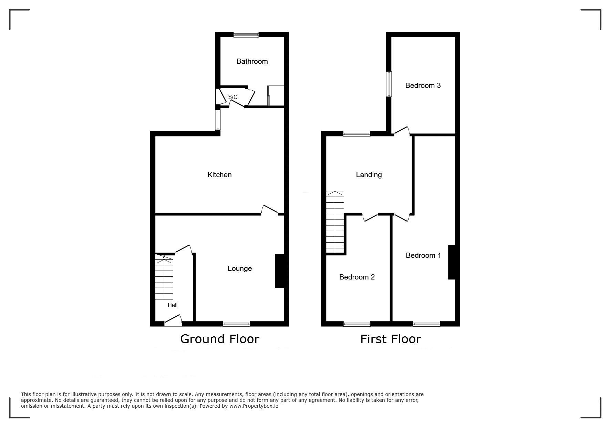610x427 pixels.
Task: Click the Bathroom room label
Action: click(252, 61)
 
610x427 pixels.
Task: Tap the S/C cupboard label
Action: click(233, 97)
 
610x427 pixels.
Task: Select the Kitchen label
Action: click(219, 175)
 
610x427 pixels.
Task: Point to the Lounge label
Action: click(240, 268)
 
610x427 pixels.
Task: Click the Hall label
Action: click(173, 305)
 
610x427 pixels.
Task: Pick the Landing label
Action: click(369, 175)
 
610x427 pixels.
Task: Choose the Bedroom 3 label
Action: click(423, 85)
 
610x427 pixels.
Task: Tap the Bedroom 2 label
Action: click(357, 277)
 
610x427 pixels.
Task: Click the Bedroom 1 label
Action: click(423, 255)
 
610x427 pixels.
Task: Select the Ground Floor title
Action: click(220, 339)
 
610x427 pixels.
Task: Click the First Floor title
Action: click(391, 339)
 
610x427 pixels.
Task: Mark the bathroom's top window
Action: click(246, 34)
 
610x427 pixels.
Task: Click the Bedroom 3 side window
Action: click(389, 84)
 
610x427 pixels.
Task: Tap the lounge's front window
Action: click(236, 324)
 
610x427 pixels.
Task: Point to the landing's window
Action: click(357, 134)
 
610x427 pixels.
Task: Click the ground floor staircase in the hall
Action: click(164, 277)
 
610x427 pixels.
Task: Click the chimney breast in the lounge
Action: click(280, 271)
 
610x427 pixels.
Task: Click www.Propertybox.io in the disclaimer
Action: click(254, 406)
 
